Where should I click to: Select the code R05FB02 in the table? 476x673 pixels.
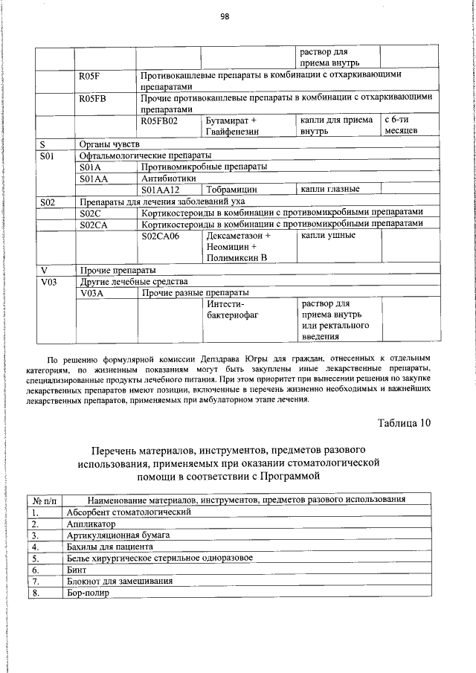(160, 120)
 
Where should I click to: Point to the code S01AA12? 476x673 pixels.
(160, 190)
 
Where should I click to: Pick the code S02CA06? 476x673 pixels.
(160, 236)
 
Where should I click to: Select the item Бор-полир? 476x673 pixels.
(88, 593)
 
